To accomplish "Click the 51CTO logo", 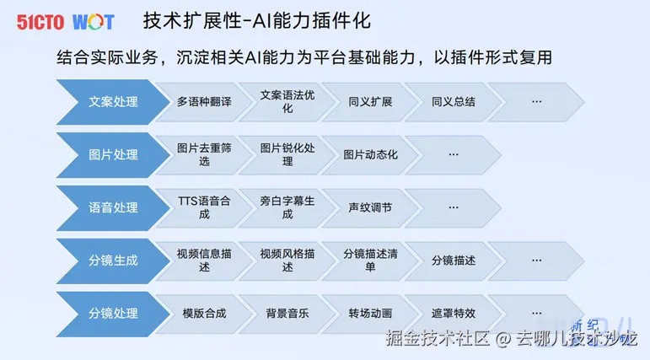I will [x=40, y=22].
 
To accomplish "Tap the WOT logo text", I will [x=93, y=22].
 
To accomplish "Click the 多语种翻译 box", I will [x=203, y=102].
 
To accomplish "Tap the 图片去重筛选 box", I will [x=203, y=155].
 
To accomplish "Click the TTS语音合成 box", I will [x=203, y=207].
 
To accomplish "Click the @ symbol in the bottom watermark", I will [x=502, y=340].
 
